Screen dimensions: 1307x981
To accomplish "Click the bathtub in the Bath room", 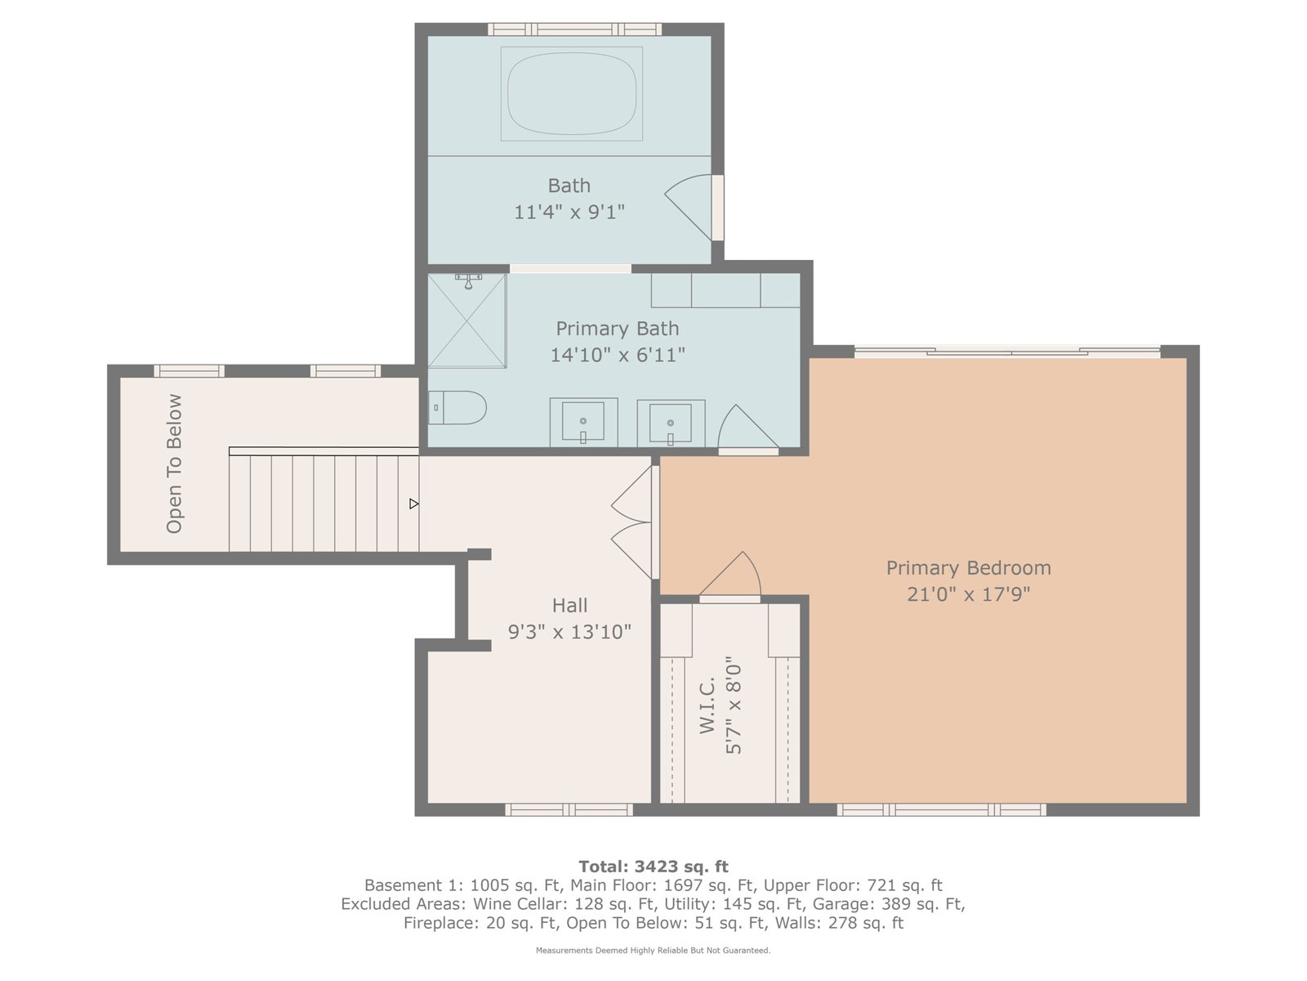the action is pos(572,94).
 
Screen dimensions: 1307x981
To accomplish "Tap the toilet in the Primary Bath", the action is pos(457,407).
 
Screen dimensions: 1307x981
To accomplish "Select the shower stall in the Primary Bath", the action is pos(467,320).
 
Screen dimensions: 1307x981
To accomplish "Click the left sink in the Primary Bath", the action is pos(583,422).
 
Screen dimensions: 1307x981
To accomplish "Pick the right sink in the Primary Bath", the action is pos(671,423).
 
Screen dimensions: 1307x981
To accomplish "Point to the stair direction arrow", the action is pos(414,504).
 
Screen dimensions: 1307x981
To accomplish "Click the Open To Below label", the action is pos(174,464).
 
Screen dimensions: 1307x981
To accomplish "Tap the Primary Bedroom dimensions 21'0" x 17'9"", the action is pos(968,594).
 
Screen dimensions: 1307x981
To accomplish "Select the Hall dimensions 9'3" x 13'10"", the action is pos(569,631).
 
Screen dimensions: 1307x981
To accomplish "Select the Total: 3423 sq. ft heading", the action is pos(653,866).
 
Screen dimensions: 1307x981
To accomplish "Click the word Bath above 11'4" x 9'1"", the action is pos(569,186).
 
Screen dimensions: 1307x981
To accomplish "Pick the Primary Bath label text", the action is pos(618,329).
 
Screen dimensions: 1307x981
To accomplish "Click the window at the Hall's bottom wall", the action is pos(569,809).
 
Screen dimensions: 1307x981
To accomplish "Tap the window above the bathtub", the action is pos(574,29).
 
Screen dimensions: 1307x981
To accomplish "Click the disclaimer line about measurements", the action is pos(653,951).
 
